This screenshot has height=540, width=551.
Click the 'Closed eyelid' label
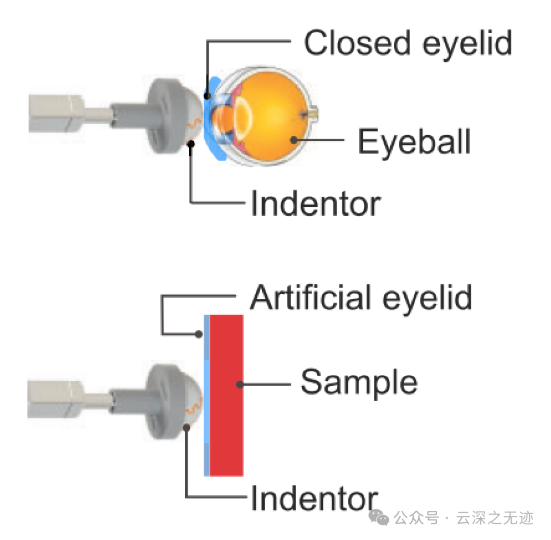pos(408,43)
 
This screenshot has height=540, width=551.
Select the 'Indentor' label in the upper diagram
pos(316,204)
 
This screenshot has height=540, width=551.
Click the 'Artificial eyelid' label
pos(361,297)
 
